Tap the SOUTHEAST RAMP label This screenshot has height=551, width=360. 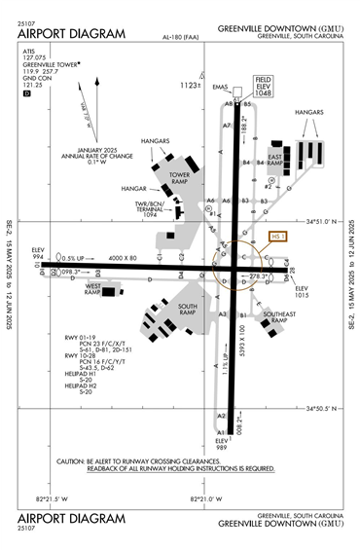[x=277, y=317]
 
